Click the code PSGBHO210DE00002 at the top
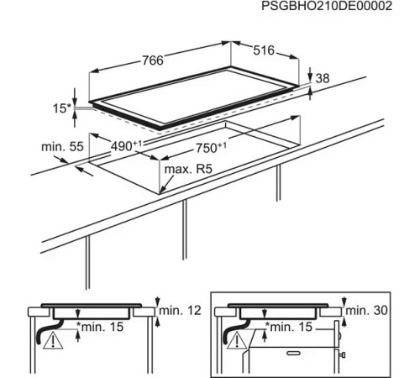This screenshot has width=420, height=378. coord(327,6)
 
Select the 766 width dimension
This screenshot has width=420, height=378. coord(153,60)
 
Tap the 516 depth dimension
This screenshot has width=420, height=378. coord(264,50)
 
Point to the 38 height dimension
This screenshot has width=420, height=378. coord(323,78)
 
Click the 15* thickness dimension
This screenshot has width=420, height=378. coord(62,108)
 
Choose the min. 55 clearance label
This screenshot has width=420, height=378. coord(62,146)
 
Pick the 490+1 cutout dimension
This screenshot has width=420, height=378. coord(127,145)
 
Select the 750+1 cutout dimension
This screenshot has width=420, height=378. coord(211,148)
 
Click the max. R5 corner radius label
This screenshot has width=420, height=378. coord(188,169)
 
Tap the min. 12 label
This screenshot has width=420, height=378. coord(180,311)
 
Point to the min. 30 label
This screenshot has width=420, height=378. coord(366,310)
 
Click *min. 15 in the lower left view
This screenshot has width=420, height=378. coord(100,327)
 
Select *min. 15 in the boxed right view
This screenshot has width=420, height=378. coord(288,327)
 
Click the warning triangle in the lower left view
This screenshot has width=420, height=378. coord(53,340)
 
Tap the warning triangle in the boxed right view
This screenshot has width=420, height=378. coord(238,340)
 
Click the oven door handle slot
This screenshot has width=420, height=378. coord(293,353)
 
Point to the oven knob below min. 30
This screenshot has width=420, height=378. coord(343,355)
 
